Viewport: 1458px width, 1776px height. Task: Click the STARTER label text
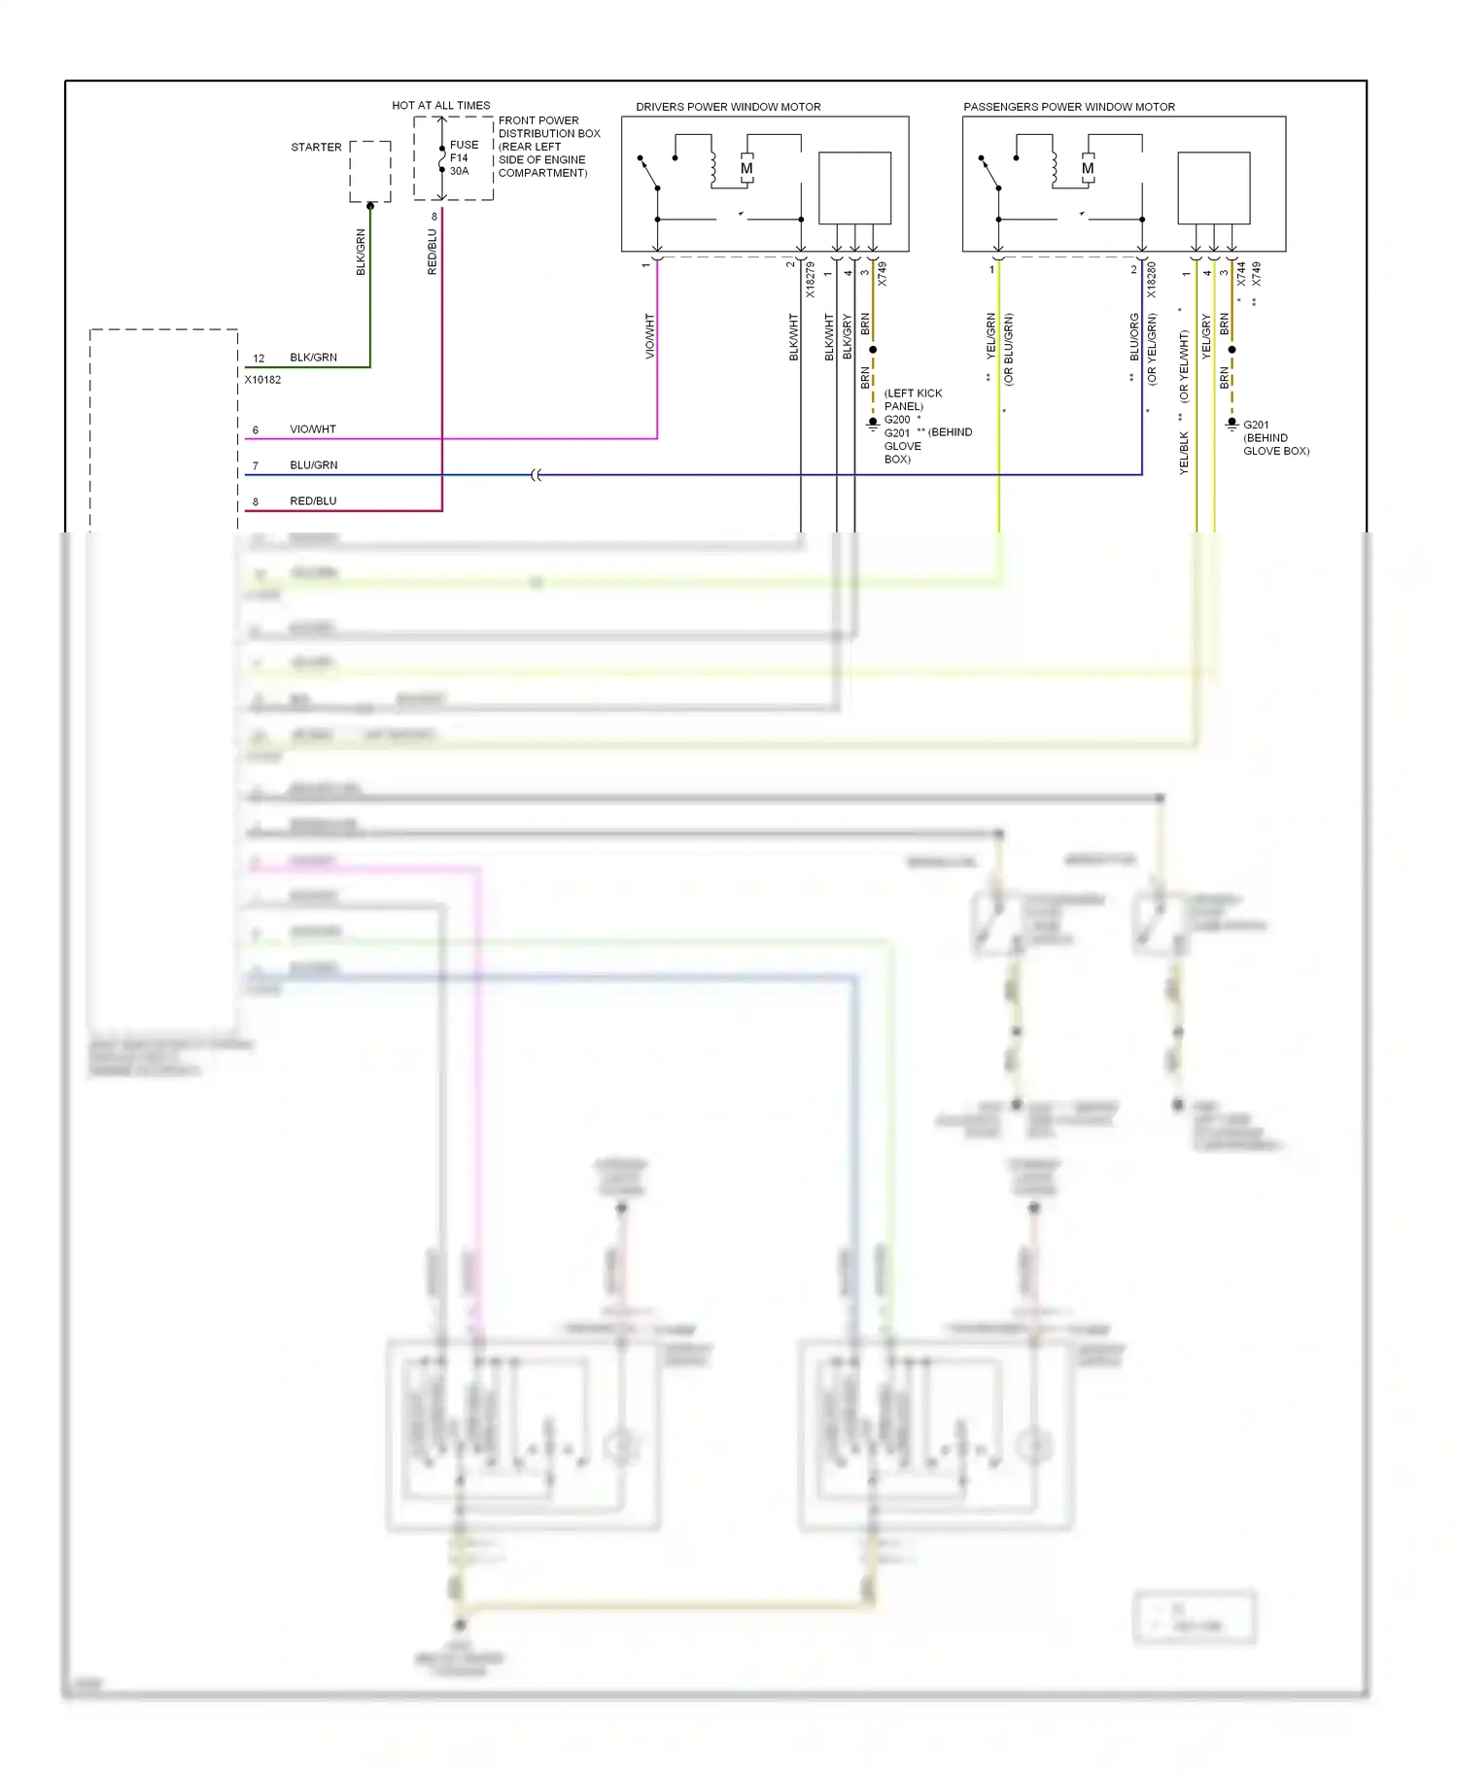pos(316,148)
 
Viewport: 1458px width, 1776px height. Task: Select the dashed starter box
pos(370,171)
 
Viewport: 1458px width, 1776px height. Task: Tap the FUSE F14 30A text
pos(464,157)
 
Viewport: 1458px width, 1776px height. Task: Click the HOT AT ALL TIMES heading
pos(440,105)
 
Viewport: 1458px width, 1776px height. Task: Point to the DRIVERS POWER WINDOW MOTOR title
pos(728,107)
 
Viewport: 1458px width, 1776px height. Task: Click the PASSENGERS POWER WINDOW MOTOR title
pos(1068,107)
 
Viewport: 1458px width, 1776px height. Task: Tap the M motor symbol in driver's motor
pos(746,169)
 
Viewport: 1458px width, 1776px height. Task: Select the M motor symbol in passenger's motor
pos(1088,169)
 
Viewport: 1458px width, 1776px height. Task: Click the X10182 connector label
pos(262,380)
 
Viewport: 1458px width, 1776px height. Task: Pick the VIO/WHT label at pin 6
pos(313,429)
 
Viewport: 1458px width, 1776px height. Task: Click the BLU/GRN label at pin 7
pos(314,465)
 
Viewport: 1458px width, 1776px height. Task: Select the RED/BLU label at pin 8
pos(313,501)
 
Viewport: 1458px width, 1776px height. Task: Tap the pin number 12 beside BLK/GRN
pos(259,359)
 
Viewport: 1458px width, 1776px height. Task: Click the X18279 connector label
pos(811,280)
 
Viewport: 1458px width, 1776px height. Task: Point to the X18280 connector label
pos(1152,280)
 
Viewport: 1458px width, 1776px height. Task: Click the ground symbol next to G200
pos(873,424)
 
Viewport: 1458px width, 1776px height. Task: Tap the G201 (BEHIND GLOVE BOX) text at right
pos(1275,438)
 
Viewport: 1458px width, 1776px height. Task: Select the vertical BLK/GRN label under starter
pos(361,253)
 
